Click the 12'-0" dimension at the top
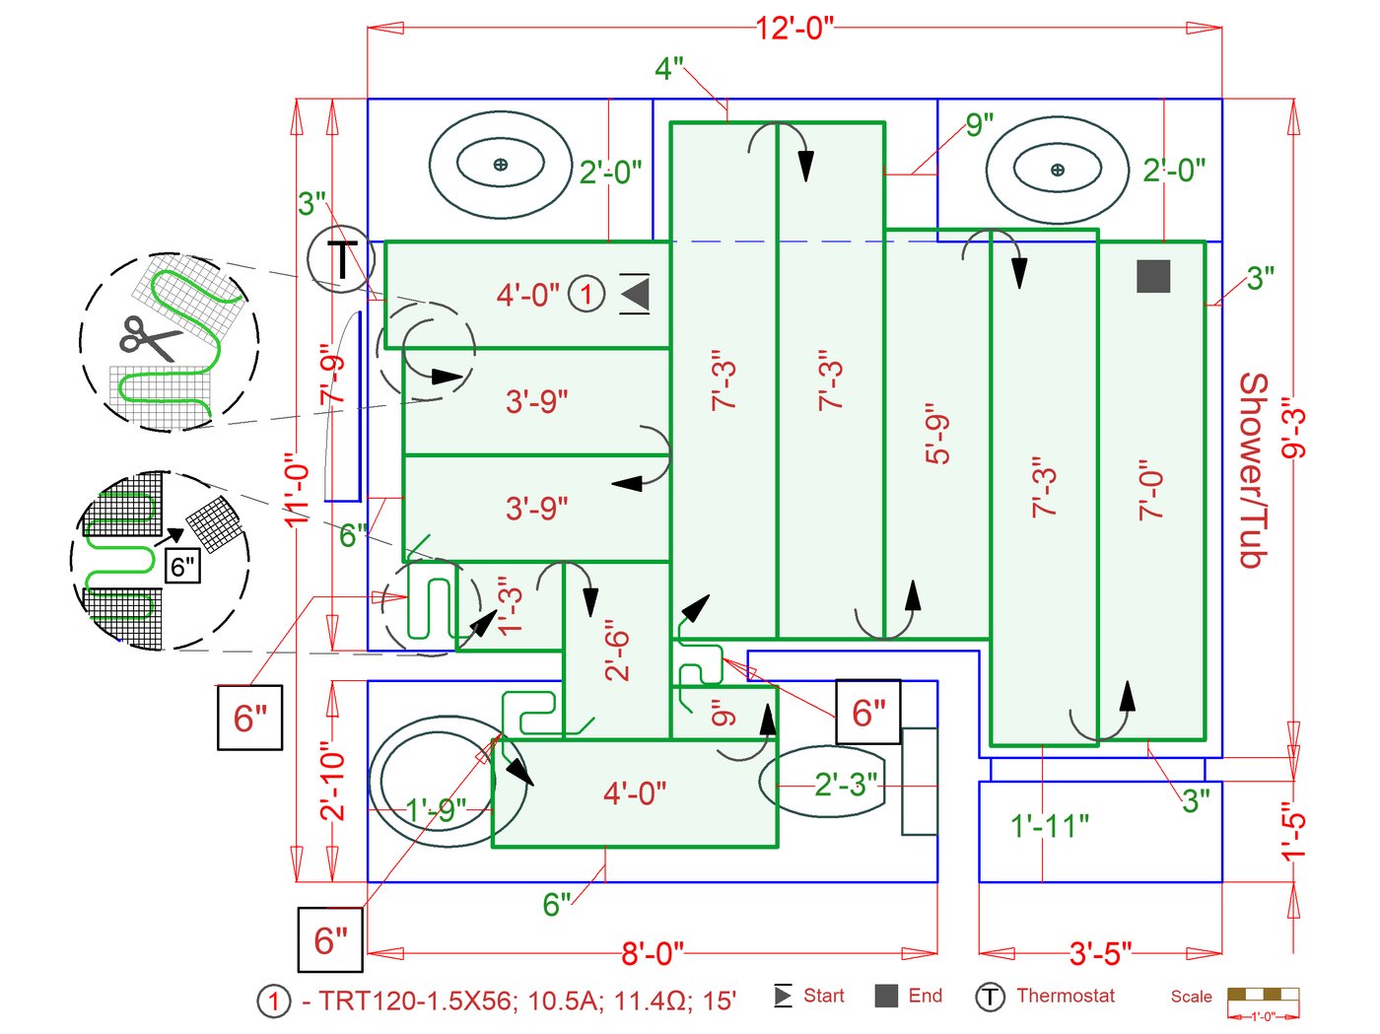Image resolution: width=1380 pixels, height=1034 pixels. tap(794, 28)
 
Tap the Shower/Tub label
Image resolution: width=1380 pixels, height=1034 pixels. tap(1252, 470)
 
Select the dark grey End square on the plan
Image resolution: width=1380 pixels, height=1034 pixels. tap(1153, 276)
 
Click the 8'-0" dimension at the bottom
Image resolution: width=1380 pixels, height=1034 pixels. tap(652, 953)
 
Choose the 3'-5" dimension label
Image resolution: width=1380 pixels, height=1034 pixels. tap(1100, 953)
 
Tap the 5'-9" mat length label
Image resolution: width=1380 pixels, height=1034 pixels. tap(937, 434)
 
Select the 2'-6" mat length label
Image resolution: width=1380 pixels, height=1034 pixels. tap(617, 651)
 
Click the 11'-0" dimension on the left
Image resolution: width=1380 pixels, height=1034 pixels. tap(297, 490)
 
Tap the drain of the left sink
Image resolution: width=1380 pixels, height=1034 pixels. tap(501, 165)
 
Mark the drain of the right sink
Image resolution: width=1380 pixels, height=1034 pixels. tap(1058, 170)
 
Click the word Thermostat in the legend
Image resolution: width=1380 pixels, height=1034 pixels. tap(1065, 996)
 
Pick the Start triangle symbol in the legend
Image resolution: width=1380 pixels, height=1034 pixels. tap(783, 996)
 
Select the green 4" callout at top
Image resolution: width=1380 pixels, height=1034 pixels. tap(668, 69)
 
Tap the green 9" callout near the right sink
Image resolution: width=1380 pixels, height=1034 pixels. tap(979, 125)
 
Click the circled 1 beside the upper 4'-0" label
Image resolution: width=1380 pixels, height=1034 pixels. tap(586, 294)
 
